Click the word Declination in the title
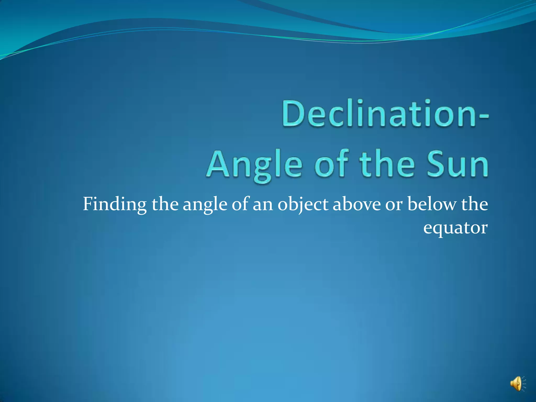pyautogui.click(x=378, y=113)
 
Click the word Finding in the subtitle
pyautogui.click(x=115, y=204)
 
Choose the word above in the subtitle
pyautogui.click(x=357, y=204)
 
